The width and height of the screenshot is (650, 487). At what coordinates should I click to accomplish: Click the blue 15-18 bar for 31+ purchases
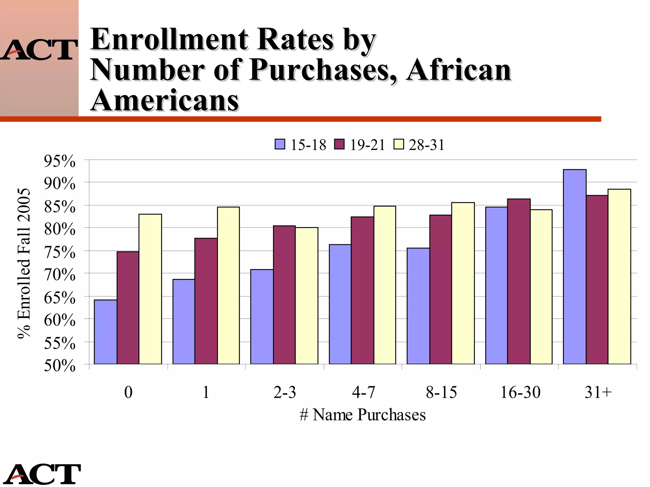574,267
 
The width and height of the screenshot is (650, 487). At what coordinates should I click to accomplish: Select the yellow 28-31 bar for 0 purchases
150,289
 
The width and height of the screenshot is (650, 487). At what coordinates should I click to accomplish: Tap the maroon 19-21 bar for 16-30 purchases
519,281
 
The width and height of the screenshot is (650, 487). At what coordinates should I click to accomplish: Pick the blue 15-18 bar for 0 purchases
105,332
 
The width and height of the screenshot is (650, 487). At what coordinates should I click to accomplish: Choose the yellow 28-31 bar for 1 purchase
228,285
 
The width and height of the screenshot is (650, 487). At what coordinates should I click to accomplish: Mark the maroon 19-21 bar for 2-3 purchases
284,295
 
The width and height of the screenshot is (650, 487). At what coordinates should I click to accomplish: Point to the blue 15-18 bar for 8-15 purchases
418,306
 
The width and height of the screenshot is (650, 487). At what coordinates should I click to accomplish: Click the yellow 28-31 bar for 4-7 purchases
385,285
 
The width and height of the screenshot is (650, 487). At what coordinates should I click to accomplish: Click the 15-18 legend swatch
280,144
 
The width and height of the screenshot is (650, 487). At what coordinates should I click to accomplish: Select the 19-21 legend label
367,145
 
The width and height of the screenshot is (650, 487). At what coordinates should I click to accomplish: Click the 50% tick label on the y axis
60,366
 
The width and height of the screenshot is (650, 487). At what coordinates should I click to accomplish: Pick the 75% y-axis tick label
60,252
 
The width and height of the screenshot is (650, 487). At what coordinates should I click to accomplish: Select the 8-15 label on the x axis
441,392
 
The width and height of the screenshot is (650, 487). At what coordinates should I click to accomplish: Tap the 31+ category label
598,392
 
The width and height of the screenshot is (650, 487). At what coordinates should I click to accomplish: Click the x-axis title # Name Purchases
362,415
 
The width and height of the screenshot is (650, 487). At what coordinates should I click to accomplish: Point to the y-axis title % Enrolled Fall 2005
24,263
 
